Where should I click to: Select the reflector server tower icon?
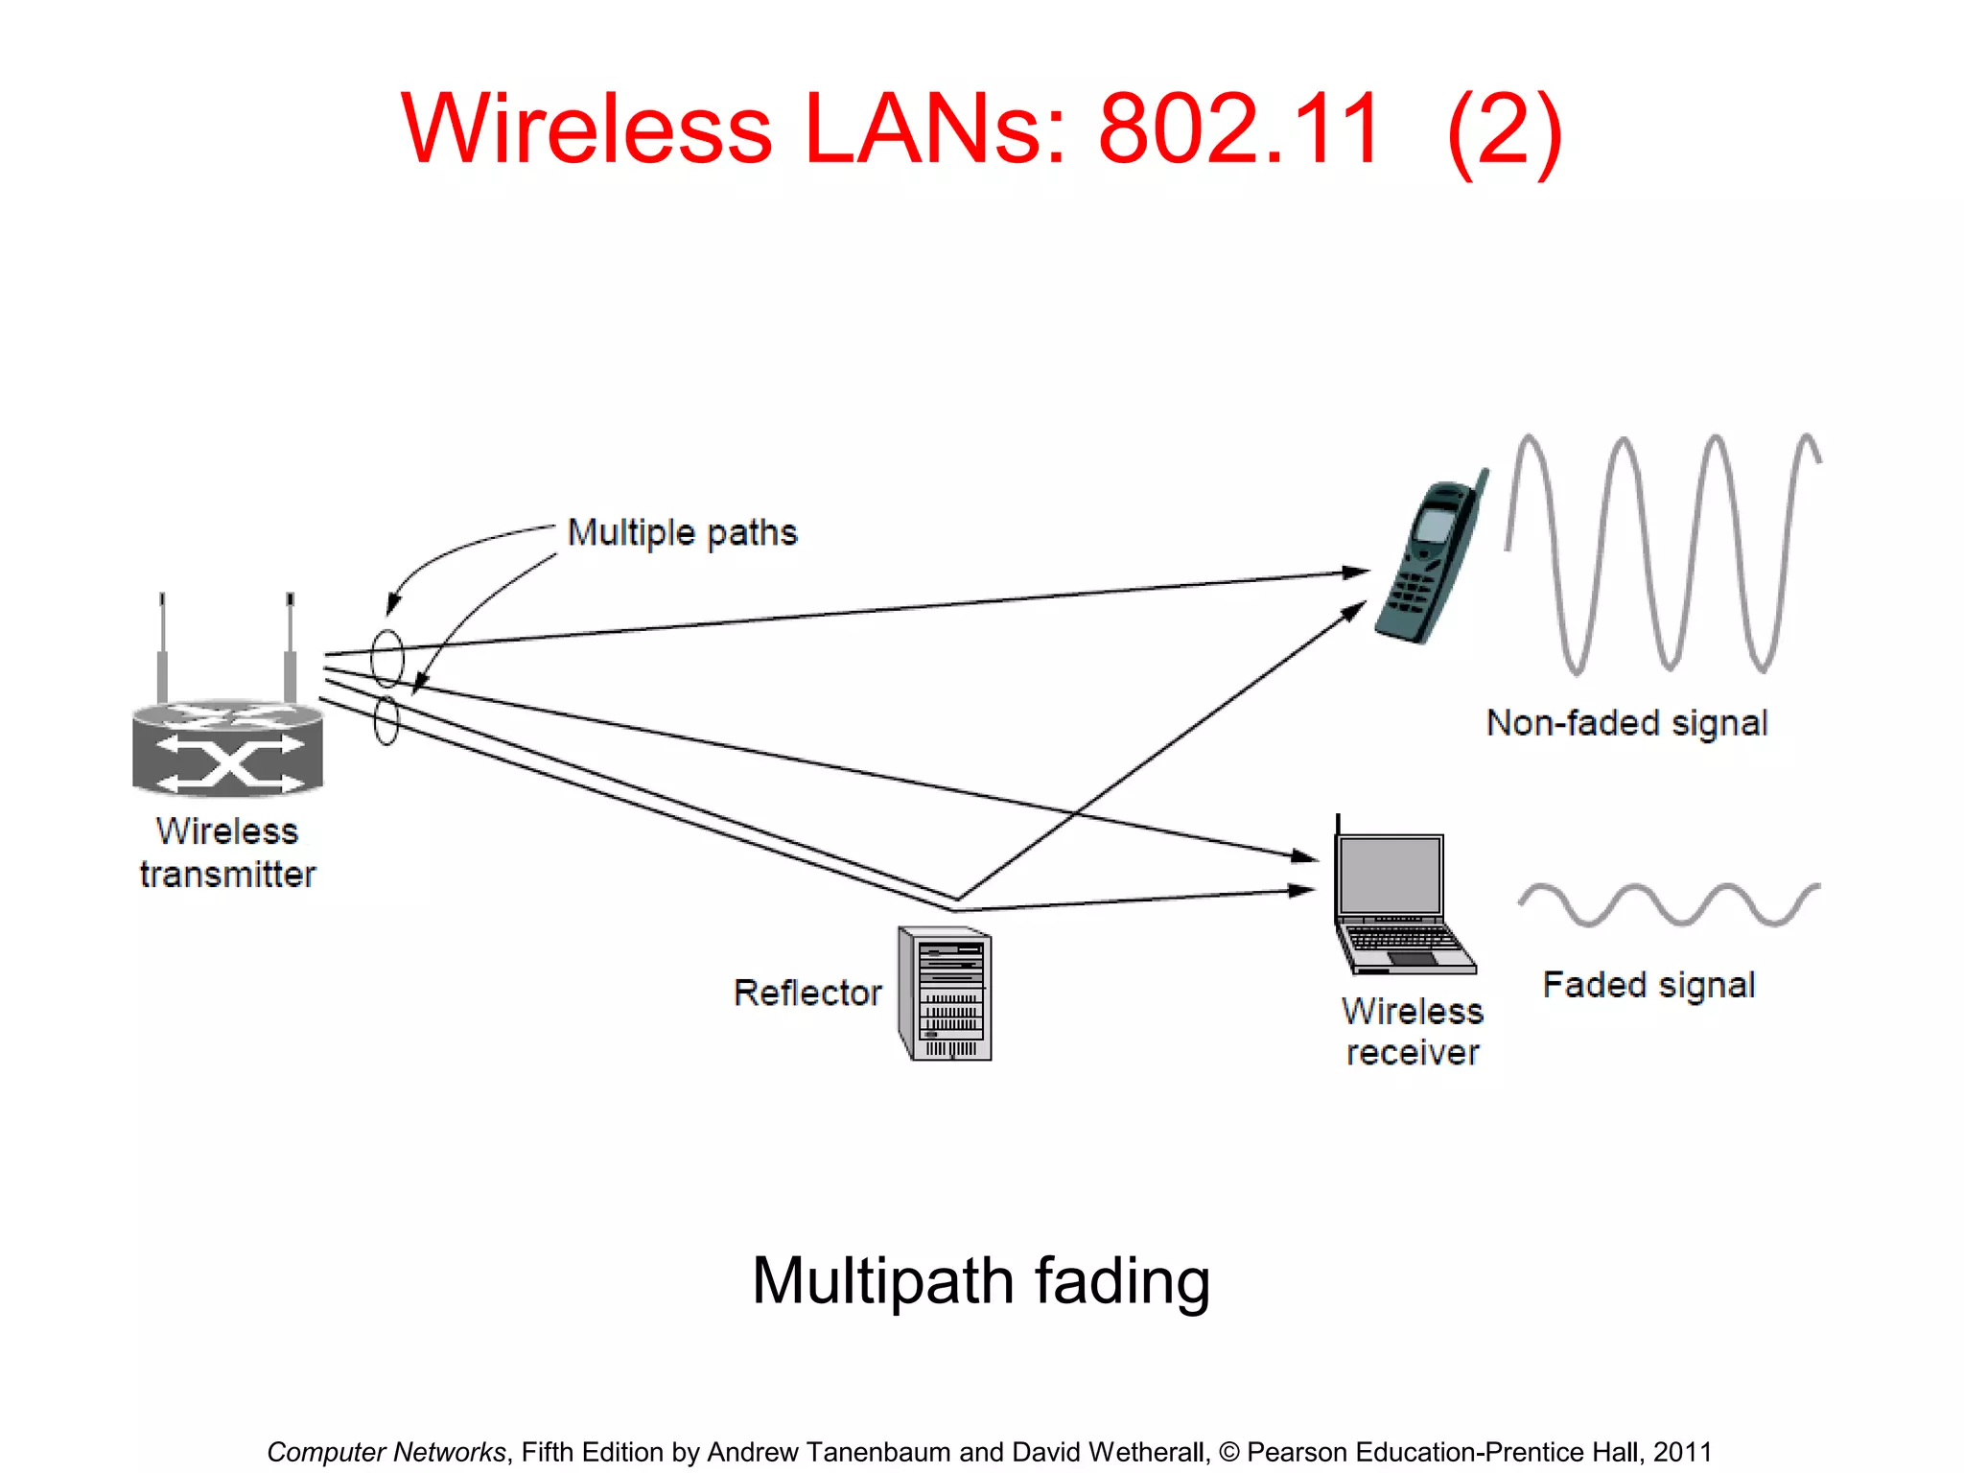[946, 994]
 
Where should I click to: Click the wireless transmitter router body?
[228, 748]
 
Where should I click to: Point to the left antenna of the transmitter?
[163, 647]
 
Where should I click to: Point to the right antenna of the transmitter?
[290, 647]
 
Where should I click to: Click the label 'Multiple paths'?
[682, 532]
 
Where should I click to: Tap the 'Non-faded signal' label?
[1626, 723]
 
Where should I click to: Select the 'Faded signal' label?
[1648, 985]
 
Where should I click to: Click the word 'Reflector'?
[807, 993]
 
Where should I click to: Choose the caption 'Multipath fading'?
[980, 1281]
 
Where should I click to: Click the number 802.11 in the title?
[1239, 129]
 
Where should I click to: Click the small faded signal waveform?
[1670, 904]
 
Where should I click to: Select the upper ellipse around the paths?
[387, 658]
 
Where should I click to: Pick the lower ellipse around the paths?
[386, 721]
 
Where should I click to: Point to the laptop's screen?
[1391, 875]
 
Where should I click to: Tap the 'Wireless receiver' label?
[1413, 1032]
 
